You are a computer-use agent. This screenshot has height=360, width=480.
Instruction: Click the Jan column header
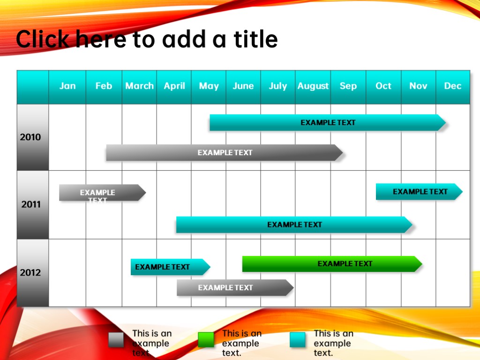(x=67, y=86)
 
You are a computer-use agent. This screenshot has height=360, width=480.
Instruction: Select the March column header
(x=139, y=86)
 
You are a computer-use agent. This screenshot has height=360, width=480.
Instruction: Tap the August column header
(x=313, y=86)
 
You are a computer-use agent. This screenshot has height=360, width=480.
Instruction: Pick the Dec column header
(x=453, y=86)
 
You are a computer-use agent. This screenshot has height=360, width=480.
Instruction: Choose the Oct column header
(x=383, y=86)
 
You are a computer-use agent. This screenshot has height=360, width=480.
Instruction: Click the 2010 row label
(x=30, y=137)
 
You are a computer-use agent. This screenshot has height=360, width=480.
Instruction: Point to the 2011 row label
(x=30, y=204)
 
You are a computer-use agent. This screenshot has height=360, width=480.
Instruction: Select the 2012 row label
(x=30, y=272)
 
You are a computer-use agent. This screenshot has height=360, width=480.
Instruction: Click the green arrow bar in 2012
(x=332, y=264)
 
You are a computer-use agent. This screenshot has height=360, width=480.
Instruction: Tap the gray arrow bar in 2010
(x=225, y=152)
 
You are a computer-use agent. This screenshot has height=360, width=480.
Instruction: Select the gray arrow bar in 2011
(x=102, y=193)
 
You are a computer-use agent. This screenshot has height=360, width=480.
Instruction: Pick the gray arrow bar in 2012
(x=235, y=287)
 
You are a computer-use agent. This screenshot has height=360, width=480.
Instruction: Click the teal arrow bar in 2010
(x=328, y=122)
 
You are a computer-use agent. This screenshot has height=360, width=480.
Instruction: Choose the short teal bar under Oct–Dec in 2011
(x=419, y=192)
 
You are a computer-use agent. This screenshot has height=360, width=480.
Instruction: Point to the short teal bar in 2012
(x=171, y=267)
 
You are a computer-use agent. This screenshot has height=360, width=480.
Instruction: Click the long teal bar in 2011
(x=294, y=225)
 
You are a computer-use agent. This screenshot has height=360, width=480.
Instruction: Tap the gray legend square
(x=116, y=340)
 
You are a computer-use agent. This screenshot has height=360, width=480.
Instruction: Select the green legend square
(x=206, y=340)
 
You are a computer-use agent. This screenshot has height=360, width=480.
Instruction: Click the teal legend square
(x=298, y=340)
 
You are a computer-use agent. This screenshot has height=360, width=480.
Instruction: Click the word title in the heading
(x=255, y=39)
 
